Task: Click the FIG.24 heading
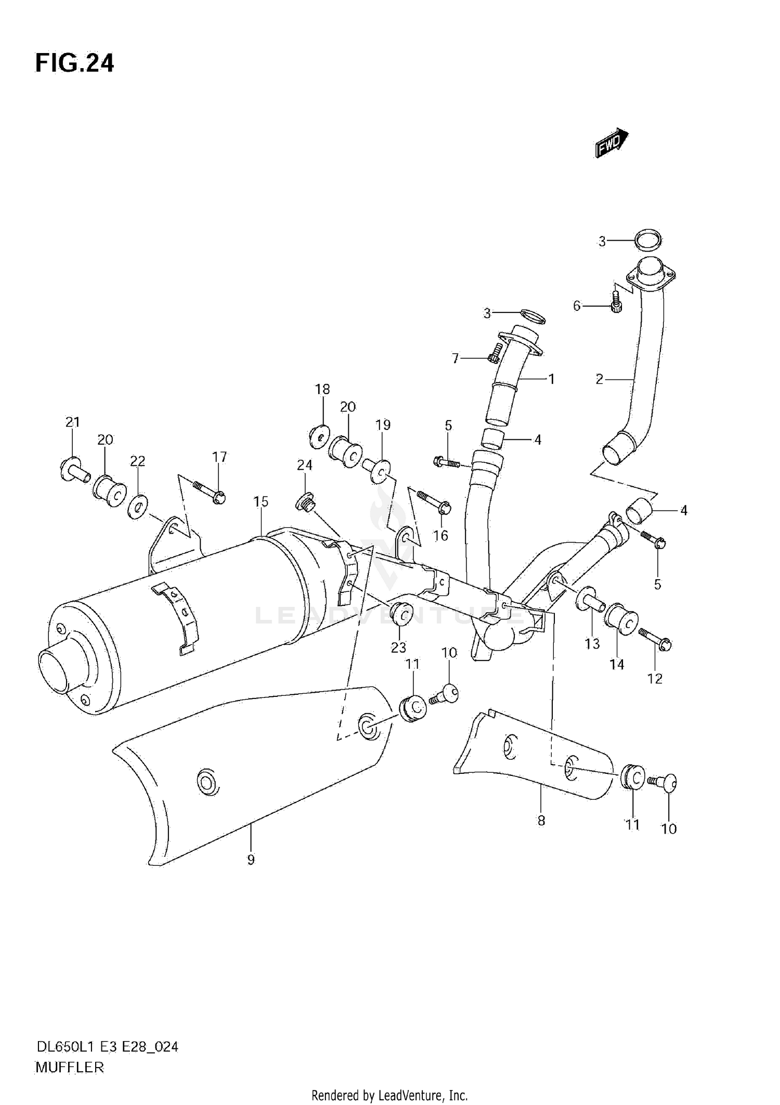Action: point(74,63)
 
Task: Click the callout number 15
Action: point(261,502)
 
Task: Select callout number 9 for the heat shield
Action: point(251,860)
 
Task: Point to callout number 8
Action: point(541,821)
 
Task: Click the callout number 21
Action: point(73,422)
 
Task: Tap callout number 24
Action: point(305,465)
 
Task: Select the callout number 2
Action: point(599,380)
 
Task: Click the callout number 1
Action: point(551,379)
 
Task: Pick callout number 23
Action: point(399,647)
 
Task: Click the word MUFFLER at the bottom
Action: point(70,1068)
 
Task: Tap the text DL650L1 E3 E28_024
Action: point(107,1047)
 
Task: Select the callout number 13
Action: point(592,644)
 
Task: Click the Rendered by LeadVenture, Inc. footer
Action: point(389,1094)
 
